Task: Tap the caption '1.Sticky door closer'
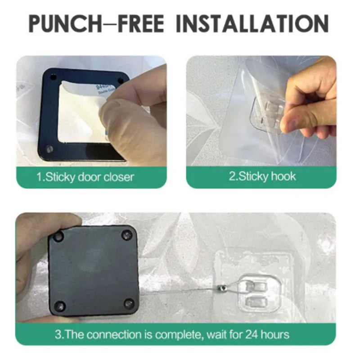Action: click(x=85, y=176)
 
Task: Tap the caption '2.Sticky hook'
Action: click(x=262, y=175)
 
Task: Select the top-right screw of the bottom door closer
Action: click(x=127, y=234)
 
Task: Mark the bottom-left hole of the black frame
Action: click(x=49, y=148)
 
